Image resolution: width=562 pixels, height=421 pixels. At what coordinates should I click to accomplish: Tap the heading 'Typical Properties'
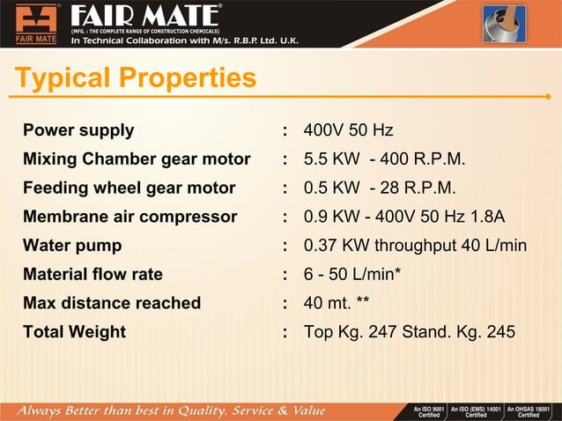point(136,79)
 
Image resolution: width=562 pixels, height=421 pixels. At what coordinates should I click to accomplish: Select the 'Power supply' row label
point(78,130)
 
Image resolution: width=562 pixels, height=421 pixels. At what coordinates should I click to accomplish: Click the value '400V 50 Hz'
point(348,130)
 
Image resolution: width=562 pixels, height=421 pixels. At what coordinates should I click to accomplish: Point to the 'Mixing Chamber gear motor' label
point(137,159)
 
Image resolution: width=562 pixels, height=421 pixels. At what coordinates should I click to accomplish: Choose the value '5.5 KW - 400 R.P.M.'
point(384,159)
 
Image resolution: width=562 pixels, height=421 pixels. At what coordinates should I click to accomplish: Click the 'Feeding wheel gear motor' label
point(129,188)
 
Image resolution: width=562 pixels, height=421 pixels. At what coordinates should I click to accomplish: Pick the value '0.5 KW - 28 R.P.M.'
point(380,188)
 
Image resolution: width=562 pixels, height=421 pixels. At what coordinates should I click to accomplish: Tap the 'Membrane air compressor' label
point(129,217)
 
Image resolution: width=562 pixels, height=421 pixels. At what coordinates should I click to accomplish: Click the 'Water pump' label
point(72,246)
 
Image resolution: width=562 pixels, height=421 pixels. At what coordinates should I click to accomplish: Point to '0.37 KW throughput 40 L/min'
point(415,246)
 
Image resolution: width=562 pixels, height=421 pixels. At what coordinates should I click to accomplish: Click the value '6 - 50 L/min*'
point(352,275)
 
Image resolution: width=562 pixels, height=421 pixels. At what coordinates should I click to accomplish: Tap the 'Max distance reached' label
point(112,303)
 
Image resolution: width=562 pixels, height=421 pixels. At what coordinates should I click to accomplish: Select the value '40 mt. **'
point(336,303)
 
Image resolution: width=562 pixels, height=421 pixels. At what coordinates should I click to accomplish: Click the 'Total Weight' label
point(74,332)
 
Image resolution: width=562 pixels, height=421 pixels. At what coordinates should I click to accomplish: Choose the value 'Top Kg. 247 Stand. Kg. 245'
point(410,332)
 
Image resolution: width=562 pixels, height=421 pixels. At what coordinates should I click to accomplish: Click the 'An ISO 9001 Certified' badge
point(427,411)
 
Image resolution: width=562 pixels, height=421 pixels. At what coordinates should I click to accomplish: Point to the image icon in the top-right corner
point(504,24)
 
